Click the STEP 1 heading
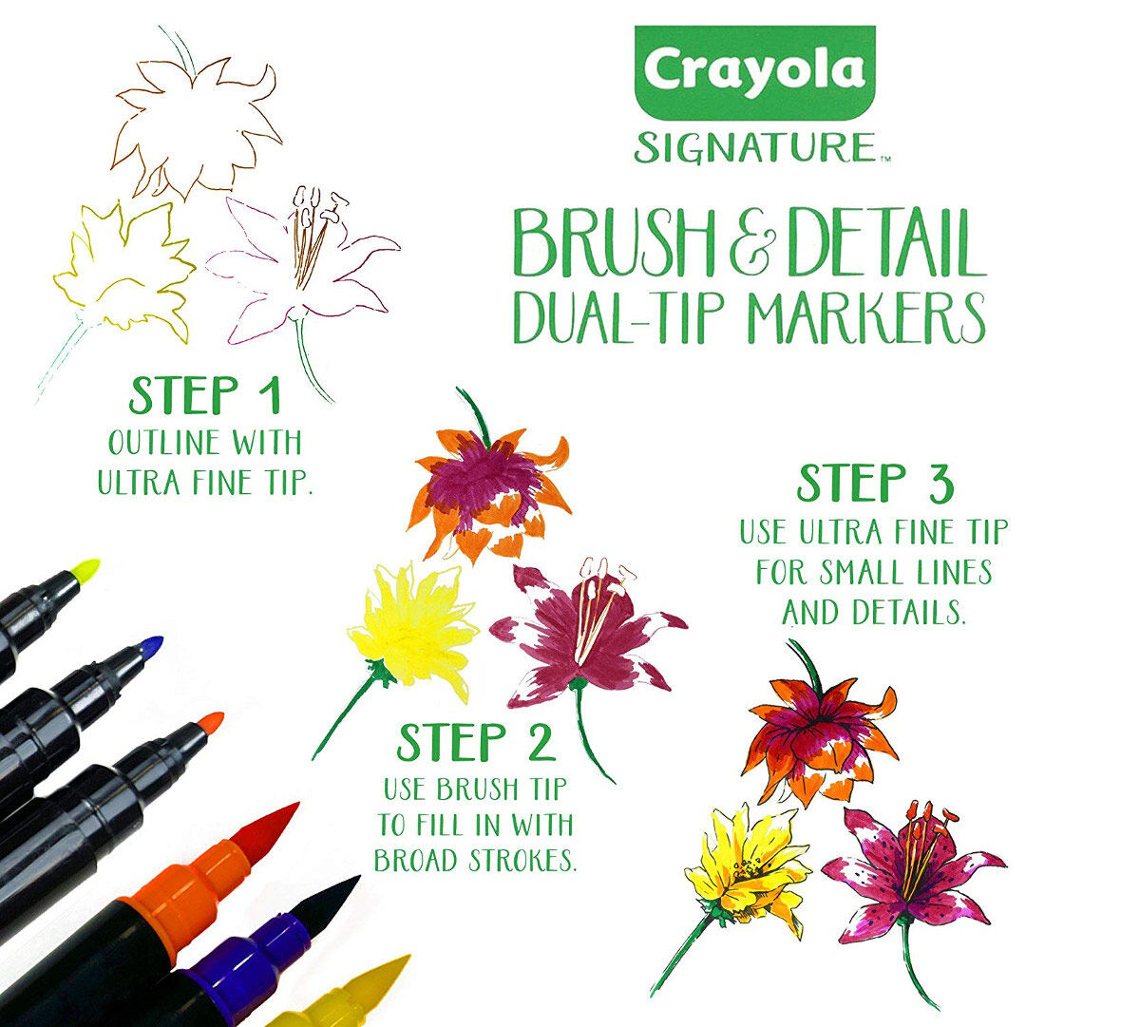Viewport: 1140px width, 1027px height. click(205, 396)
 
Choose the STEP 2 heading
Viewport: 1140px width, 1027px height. click(475, 742)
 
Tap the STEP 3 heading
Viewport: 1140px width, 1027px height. click(874, 484)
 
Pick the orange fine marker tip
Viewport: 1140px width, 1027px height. click(211, 724)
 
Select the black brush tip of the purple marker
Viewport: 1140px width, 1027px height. click(328, 898)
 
